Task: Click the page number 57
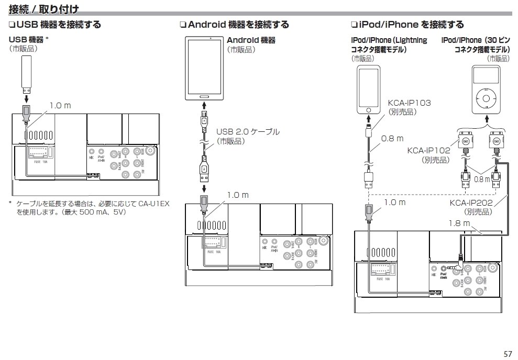pos(508,353)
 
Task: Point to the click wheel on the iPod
pos(486,98)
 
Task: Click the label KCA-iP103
pos(409,103)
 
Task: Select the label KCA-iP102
pos(428,151)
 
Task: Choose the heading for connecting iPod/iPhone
pos(407,25)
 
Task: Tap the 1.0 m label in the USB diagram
pos(60,106)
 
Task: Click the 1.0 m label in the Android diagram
pos(237,195)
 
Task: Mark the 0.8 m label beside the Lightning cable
pos(392,139)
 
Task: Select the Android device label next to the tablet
pos(251,40)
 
